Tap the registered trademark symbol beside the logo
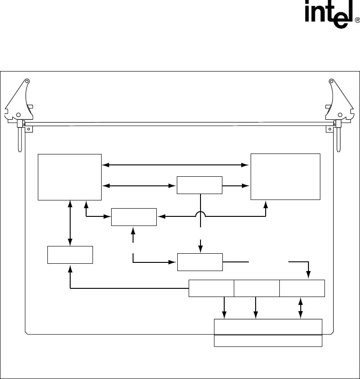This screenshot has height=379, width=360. [357, 20]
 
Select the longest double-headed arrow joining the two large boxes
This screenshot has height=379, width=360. [176, 165]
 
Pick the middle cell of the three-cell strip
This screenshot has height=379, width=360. [257, 288]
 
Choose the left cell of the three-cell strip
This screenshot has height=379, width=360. [211, 288]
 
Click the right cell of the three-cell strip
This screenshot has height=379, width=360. [302, 288]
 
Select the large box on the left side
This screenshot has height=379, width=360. [70, 177]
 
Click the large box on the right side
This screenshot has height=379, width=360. [285, 177]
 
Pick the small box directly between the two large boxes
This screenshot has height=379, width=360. [199, 185]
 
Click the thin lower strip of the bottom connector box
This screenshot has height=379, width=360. [268, 341]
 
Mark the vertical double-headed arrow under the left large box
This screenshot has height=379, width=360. [70, 223]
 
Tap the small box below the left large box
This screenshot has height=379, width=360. [70, 255]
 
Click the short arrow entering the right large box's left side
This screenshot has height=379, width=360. [237, 185]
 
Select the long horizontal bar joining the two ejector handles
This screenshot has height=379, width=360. [180, 123]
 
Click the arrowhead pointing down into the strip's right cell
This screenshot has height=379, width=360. [309, 275]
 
